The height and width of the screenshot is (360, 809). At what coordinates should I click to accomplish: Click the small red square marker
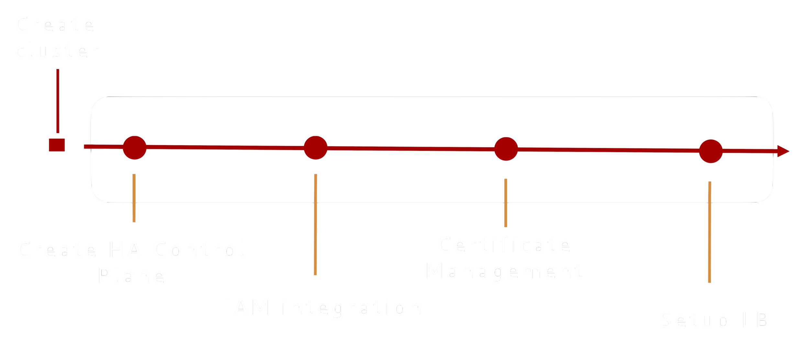click(x=57, y=145)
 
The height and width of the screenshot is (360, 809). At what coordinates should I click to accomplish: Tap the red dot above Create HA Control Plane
click(x=135, y=148)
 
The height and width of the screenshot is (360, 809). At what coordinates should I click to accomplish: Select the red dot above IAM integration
click(x=316, y=148)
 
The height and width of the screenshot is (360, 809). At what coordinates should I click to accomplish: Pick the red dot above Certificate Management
click(x=506, y=149)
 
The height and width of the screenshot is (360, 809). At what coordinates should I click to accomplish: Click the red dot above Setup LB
click(x=711, y=151)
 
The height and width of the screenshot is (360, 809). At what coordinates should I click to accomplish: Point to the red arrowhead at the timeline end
click(x=783, y=151)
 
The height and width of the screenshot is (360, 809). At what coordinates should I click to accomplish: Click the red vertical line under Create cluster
click(x=58, y=101)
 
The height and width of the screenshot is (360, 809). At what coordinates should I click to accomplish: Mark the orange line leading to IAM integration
click(x=316, y=225)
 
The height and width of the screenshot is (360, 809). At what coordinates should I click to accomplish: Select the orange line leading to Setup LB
click(x=709, y=232)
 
